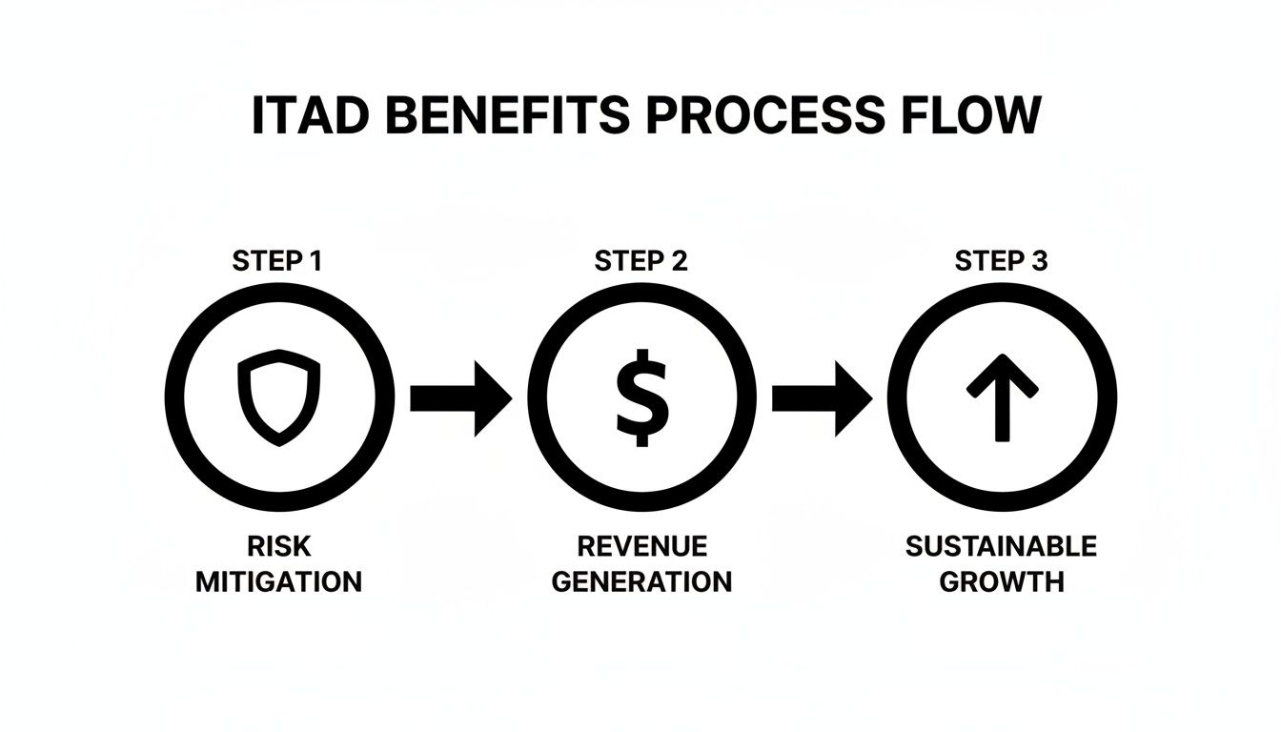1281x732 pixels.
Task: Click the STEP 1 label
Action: click(x=277, y=261)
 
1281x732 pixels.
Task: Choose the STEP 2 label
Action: click(x=640, y=261)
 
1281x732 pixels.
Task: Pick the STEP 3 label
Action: click(x=1001, y=261)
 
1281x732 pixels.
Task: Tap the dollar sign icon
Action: click(x=641, y=396)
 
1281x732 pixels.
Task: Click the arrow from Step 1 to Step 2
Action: click(x=460, y=397)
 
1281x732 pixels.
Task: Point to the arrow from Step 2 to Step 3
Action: click(x=822, y=397)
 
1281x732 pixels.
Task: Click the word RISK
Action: click(x=278, y=546)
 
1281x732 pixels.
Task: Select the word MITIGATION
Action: click(x=278, y=581)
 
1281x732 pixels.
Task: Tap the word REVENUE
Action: click(x=642, y=546)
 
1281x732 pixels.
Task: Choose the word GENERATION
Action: click(x=641, y=581)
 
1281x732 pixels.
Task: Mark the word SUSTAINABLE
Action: click(x=1001, y=546)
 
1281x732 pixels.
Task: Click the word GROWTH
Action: click(x=1001, y=581)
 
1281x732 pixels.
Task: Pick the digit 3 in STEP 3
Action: click(x=1039, y=261)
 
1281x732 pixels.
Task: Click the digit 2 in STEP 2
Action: click(x=678, y=261)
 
